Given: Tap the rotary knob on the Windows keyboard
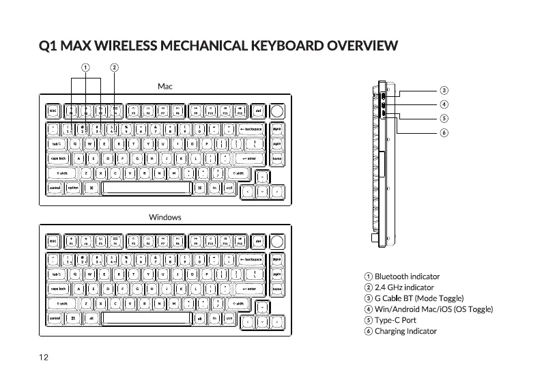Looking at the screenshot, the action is (277, 242).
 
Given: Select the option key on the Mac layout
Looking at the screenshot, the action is (72, 188).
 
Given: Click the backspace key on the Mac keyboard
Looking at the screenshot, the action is (250, 128).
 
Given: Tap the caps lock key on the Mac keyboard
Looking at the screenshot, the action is (58, 158).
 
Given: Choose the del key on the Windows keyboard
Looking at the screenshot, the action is (257, 241).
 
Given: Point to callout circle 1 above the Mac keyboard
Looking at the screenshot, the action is (85, 68).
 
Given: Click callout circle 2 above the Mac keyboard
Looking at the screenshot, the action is (114, 68).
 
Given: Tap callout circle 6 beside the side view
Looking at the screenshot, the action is (444, 132).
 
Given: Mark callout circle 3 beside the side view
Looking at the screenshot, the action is (444, 90).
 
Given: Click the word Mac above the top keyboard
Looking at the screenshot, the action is (165, 87).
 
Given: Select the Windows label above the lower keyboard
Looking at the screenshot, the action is (165, 217).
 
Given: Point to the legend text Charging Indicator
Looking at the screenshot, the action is (405, 332).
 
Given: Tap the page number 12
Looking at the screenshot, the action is (43, 356).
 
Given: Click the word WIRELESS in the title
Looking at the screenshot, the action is (125, 47).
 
